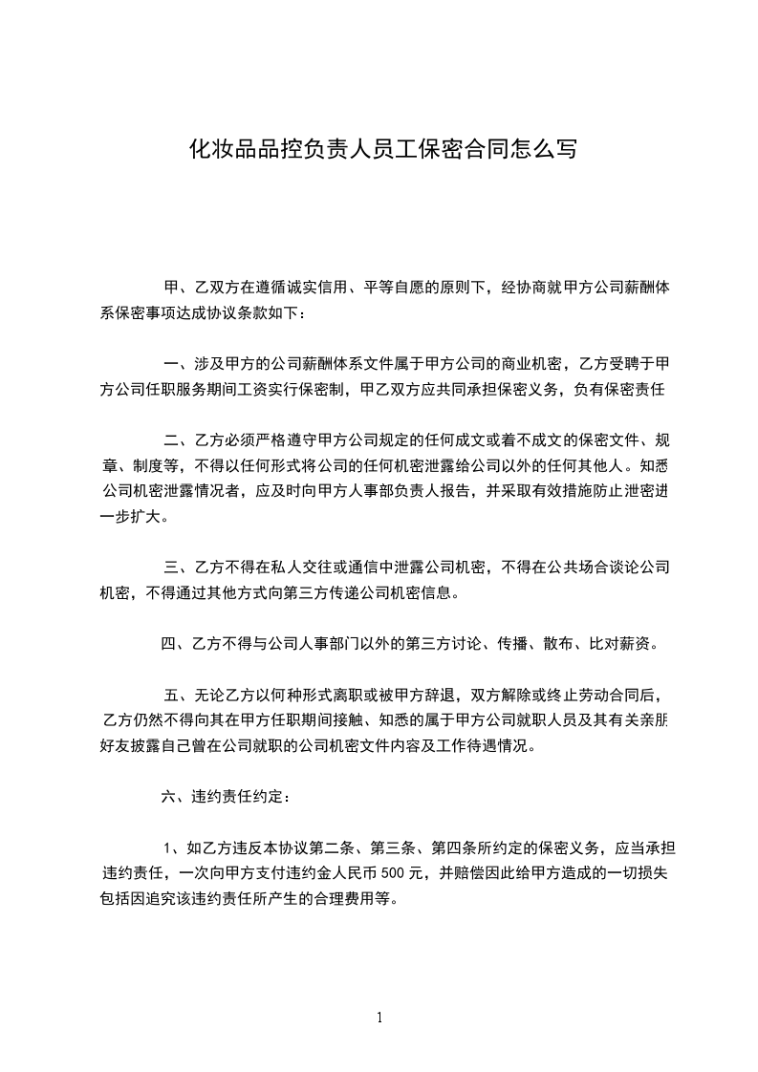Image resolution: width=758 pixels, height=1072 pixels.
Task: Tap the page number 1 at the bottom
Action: coord(379,1018)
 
